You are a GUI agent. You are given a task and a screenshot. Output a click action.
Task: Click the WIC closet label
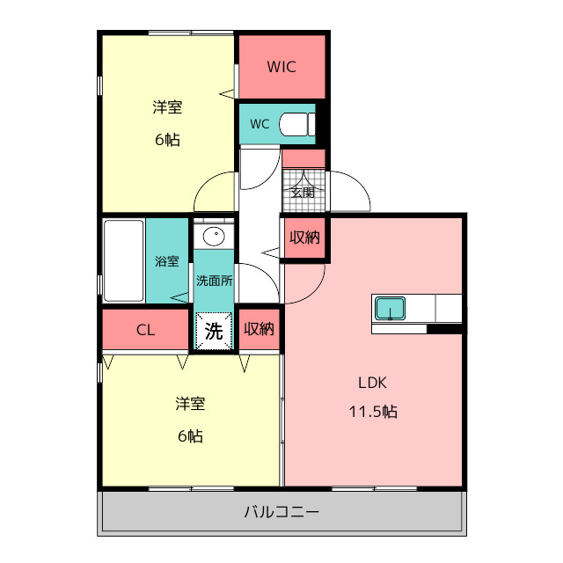(281, 67)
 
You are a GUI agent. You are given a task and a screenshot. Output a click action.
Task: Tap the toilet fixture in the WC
(297, 124)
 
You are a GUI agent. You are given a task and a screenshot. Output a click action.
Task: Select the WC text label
(260, 124)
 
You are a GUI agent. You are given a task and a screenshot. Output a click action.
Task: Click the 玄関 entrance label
(303, 193)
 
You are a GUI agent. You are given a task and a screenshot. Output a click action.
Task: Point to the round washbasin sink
(214, 237)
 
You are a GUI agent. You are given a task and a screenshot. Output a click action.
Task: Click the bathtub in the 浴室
(124, 260)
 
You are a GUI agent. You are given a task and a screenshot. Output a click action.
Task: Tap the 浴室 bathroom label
(167, 261)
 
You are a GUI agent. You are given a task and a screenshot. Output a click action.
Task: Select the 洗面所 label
(215, 281)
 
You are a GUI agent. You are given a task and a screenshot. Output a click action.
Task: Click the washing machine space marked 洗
(214, 331)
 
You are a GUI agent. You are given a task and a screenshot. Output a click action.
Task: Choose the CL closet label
(145, 330)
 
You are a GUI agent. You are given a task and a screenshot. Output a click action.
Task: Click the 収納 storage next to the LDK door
(305, 238)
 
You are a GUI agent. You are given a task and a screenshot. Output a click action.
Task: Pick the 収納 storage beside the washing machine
(260, 329)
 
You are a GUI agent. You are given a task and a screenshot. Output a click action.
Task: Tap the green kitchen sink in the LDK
(391, 309)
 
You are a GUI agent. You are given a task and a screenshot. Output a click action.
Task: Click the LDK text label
(372, 383)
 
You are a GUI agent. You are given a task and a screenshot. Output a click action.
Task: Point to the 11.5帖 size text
(373, 412)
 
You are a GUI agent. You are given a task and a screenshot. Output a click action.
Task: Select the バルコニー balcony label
(281, 512)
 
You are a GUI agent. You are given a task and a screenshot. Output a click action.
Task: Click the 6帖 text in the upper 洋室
(167, 140)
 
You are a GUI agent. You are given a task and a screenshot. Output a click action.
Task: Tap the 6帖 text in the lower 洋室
(190, 436)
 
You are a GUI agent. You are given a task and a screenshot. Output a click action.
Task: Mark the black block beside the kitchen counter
(444, 328)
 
